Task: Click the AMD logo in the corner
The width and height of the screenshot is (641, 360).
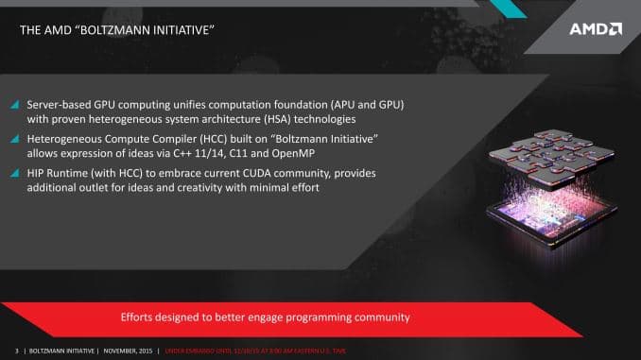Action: (x=596, y=28)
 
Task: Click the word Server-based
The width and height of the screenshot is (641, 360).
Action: (x=61, y=103)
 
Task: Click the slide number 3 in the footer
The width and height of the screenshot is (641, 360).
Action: (x=16, y=351)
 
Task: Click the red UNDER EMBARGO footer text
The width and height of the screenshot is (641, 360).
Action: (x=255, y=351)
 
